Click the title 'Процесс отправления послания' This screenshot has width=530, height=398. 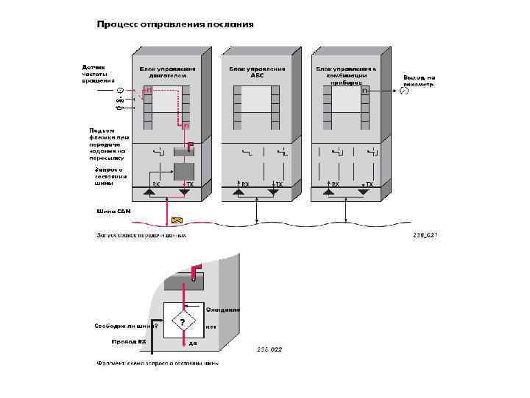click(x=176, y=24)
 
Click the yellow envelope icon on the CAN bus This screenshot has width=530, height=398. click(x=177, y=220)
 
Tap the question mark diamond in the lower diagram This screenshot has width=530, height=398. click(x=183, y=322)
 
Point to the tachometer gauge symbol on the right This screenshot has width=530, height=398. click(x=403, y=91)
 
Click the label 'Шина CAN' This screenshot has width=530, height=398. click(x=114, y=212)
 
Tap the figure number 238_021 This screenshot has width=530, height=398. click(x=425, y=235)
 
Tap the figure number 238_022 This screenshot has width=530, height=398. click(x=269, y=349)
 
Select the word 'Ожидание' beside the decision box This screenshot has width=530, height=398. click(x=223, y=310)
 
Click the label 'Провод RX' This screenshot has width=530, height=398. click(x=129, y=342)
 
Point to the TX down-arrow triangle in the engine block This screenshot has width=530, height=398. click(x=185, y=192)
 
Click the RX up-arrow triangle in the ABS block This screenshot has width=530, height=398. click(x=239, y=192)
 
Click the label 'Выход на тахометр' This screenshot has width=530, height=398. click(x=420, y=80)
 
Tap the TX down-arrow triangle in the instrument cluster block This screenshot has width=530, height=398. click(x=362, y=192)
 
